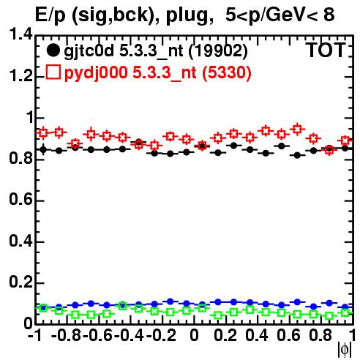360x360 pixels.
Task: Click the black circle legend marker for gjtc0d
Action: [53, 50]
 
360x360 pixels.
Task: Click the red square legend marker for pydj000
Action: [53, 72]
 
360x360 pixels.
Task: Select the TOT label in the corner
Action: [326, 50]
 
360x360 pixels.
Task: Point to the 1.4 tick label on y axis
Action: [20, 34]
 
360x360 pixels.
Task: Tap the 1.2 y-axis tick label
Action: [20, 76]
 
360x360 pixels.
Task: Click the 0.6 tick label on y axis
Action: [20, 200]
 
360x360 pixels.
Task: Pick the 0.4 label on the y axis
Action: [20, 241]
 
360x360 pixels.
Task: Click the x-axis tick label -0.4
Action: [130, 335]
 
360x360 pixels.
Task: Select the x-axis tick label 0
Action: [194, 335]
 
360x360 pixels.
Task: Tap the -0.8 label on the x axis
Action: [66, 335]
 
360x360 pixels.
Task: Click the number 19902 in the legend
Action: [218, 50]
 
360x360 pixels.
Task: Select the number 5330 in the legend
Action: [226, 72]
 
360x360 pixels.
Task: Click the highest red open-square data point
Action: [297, 129]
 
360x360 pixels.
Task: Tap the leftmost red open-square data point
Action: [43, 133]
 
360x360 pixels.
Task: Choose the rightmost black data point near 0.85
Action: [345, 148]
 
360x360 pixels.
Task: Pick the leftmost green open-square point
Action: [43, 308]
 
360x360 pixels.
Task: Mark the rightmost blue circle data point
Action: [345, 307]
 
